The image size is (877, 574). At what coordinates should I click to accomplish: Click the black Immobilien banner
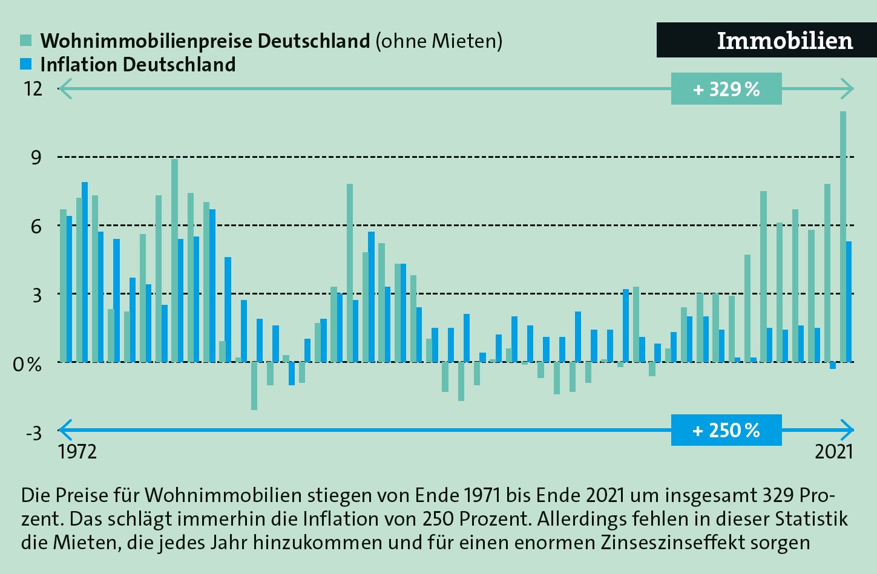(766, 41)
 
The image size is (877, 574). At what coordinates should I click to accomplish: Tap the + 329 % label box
(726, 89)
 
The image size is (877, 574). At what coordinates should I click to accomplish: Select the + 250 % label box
(726, 430)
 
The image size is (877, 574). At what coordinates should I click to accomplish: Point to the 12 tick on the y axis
(33, 89)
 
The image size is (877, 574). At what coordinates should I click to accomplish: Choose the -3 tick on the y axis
(33, 432)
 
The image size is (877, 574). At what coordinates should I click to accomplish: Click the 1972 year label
(77, 452)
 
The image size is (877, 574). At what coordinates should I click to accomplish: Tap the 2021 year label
(833, 452)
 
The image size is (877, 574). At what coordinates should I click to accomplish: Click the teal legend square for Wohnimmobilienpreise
(25, 41)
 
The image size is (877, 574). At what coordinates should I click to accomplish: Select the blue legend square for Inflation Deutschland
(25, 64)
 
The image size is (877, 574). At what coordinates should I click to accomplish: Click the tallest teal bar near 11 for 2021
(843, 236)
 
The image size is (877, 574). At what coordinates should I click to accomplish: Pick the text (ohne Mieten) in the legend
(439, 41)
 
